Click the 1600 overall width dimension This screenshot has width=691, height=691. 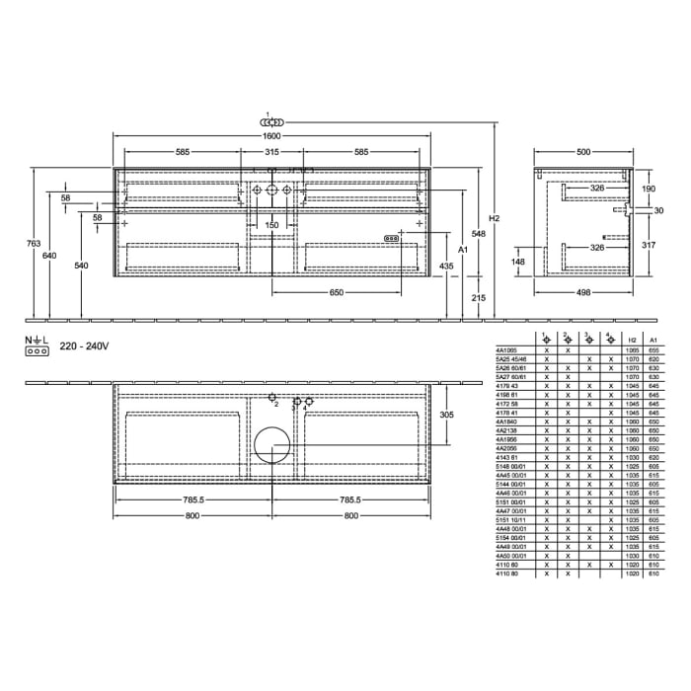[271, 135]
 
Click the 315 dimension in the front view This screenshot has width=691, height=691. [271, 152]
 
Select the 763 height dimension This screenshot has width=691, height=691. [34, 243]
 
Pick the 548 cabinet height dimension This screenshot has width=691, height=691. [479, 233]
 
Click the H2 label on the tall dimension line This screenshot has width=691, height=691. [495, 218]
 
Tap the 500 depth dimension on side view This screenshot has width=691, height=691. [583, 152]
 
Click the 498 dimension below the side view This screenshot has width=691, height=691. [583, 293]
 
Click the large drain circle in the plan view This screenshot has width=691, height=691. [271, 444]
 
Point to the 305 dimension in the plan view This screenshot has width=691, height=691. [445, 416]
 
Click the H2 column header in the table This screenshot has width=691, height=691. [633, 338]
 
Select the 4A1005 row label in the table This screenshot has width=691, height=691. [504, 350]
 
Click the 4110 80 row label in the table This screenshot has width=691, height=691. [505, 574]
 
